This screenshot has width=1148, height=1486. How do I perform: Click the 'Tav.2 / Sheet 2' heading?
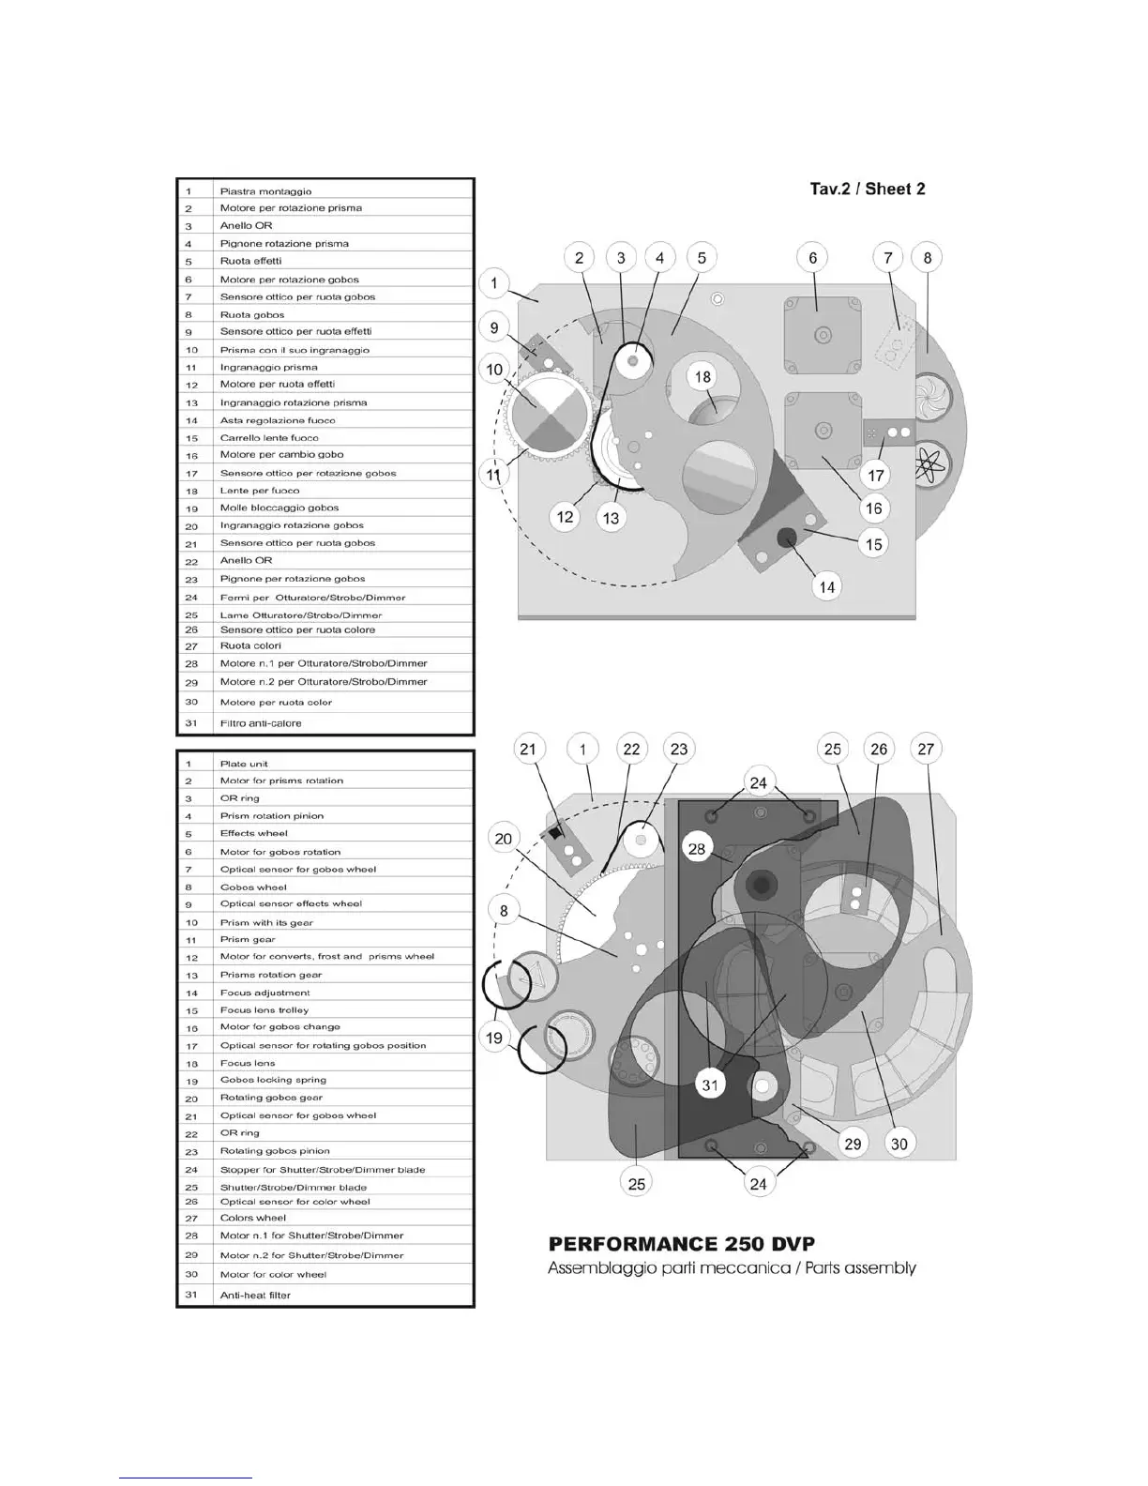[867, 190]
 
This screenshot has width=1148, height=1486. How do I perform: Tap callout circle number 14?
[826, 587]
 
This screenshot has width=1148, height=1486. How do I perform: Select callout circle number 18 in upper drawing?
[702, 377]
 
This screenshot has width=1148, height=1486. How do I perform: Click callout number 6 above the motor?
[812, 258]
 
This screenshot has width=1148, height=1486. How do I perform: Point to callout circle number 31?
[710, 1085]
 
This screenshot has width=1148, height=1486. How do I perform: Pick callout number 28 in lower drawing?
[696, 849]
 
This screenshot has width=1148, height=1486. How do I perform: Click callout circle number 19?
[494, 1039]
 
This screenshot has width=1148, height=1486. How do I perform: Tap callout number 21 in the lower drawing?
[528, 749]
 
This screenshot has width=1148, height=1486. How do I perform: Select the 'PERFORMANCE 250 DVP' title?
[681, 1244]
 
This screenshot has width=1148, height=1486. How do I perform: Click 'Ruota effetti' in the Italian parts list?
[250, 261]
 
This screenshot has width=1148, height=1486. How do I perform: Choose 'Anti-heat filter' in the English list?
[255, 1296]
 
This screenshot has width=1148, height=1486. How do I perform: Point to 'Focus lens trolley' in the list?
[264, 1010]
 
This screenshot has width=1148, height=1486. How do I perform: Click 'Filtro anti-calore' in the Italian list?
[261, 723]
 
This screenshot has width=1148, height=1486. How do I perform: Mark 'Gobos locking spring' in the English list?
[273, 1080]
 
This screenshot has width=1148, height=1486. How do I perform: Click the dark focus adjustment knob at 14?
[786, 537]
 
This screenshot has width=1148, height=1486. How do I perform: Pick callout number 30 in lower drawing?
[899, 1144]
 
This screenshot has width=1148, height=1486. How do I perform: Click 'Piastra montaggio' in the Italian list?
[265, 191]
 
